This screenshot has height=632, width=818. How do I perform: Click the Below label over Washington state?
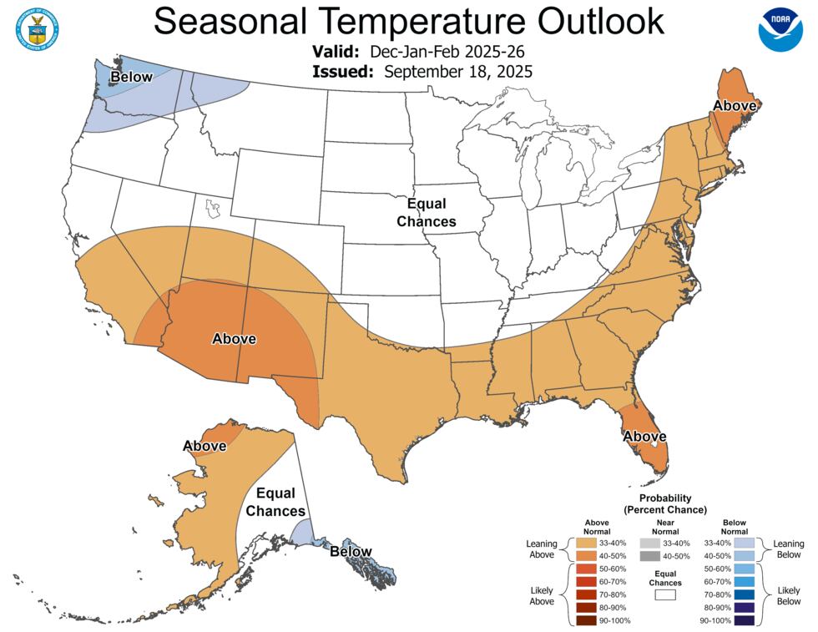132,78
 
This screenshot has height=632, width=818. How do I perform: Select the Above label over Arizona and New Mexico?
234,339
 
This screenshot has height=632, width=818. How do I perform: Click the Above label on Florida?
644,436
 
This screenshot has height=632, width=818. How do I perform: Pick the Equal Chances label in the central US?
427,213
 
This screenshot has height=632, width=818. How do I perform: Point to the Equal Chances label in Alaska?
280,501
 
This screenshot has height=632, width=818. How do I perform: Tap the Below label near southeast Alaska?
351,551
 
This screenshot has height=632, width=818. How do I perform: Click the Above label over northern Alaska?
204,446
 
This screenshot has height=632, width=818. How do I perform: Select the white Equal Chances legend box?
665,596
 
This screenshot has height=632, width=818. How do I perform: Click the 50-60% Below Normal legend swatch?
745,569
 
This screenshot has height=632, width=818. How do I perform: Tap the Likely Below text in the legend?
789,594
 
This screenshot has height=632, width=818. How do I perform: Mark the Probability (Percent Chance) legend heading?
665,503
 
